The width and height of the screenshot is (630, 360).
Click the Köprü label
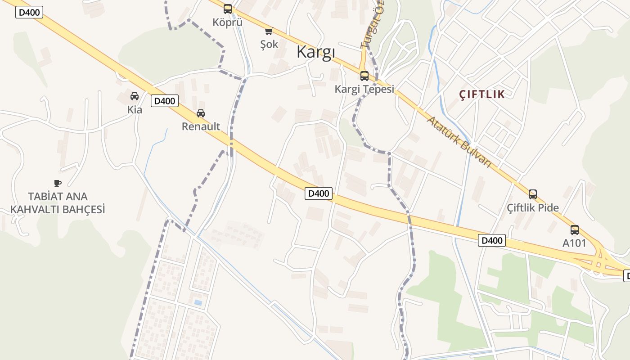[x=228, y=22]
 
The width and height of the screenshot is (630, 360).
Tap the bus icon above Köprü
[x=228, y=9]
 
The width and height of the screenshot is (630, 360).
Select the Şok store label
[x=269, y=44]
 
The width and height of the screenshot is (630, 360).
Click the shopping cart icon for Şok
[x=269, y=31]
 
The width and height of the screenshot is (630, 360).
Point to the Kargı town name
[x=316, y=53]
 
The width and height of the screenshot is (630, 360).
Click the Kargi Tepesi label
[x=364, y=89]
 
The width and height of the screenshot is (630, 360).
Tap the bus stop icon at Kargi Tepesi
[x=364, y=76]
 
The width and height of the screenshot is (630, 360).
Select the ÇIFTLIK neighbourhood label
[x=482, y=94]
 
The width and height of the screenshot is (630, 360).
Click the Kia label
[x=135, y=109]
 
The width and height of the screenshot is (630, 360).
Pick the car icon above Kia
[x=135, y=96]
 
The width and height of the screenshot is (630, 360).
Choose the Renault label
[x=201, y=126]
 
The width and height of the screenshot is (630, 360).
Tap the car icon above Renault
[x=201, y=113]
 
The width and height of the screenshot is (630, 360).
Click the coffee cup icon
[x=57, y=183]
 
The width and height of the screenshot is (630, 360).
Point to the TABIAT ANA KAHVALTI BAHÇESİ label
[x=58, y=203]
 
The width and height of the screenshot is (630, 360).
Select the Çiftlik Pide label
[x=533, y=208]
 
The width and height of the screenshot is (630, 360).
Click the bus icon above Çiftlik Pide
[x=533, y=194]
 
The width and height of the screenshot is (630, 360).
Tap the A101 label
[x=574, y=243]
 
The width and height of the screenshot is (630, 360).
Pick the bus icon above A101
[x=574, y=229]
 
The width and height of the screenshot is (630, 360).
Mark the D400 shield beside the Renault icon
[x=164, y=101]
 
